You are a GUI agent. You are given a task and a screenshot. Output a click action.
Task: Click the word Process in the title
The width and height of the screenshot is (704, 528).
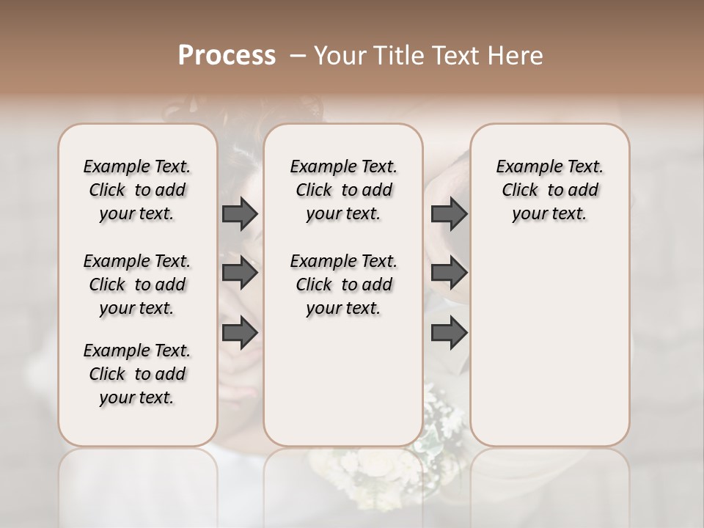(x=227, y=55)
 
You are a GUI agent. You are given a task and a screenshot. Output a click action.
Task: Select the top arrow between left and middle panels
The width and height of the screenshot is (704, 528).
(x=240, y=214)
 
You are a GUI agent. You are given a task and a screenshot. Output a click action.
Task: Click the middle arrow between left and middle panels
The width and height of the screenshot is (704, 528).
(x=240, y=274)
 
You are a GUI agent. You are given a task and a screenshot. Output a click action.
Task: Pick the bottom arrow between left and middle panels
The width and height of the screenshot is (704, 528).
(x=240, y=332)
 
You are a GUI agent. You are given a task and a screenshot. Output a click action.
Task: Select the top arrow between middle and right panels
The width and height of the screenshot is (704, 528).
(x=449, y=214)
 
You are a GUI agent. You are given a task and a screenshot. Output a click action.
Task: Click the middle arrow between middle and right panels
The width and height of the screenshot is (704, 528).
(x=449, y=274)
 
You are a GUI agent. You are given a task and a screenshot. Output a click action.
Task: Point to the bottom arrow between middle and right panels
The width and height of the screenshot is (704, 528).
(x=449, y=332)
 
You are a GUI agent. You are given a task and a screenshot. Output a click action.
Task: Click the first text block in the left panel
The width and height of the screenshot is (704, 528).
(x=137, y=190)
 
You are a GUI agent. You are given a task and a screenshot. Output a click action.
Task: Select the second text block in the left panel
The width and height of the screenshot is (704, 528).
(x=137, y=285)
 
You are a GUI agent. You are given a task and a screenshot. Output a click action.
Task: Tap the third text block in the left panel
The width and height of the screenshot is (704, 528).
(x=137, y=374)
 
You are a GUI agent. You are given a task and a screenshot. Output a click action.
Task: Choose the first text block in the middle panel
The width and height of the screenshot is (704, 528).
(x=343, y=190)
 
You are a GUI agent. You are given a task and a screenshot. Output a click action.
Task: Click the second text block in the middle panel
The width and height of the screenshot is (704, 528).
(x=343, y=285)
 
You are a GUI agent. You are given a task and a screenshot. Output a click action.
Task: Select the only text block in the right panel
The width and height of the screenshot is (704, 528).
(x=549, y=190)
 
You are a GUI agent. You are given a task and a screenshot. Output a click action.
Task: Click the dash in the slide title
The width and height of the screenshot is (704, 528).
(x=297, y=56)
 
